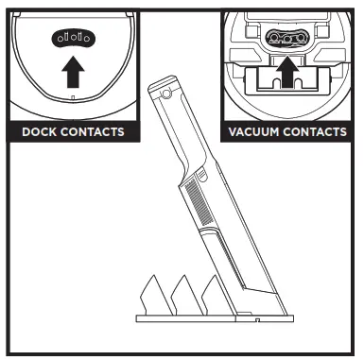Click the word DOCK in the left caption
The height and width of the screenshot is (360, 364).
click(40, 131)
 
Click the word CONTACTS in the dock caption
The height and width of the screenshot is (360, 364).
click(92, 131)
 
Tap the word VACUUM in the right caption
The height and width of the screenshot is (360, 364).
click(253, 131)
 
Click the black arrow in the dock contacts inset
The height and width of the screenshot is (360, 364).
click(72, 72)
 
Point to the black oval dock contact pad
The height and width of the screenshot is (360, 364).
click(72, 39)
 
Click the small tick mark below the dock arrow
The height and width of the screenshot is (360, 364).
click(72, 98)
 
